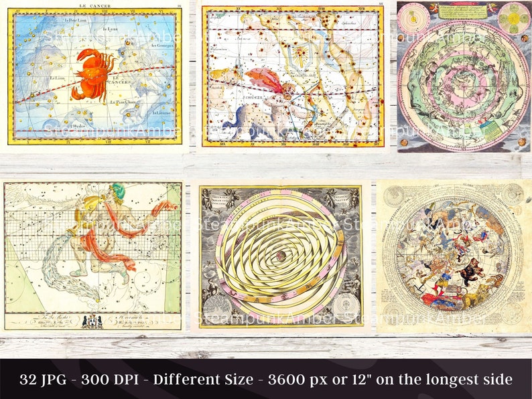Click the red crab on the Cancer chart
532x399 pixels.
point(92,74)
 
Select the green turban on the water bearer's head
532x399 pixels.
point(118,189)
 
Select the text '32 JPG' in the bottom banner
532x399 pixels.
point(46,380)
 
